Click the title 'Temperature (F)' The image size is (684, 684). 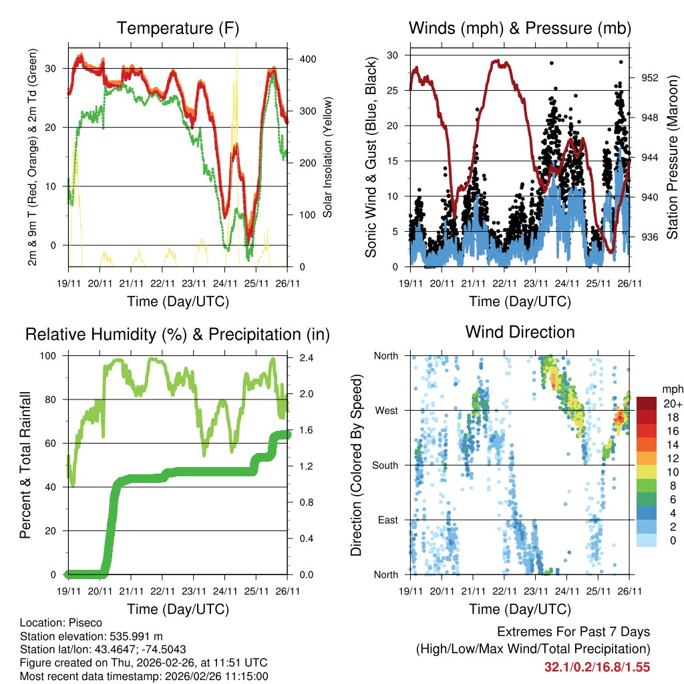coord(178,28)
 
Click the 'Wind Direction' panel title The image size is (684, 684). coord(520,332)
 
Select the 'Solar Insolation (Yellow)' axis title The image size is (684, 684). coord(327,157)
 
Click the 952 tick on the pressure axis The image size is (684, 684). coord(649,77)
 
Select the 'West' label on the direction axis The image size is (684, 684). coord(385,410)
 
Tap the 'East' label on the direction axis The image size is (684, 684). coord(387,520)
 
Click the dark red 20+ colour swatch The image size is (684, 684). coord(646,403)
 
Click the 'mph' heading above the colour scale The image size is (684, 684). coord(671,389)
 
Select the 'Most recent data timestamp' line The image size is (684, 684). coord(144,676)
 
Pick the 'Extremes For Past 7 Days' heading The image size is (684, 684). coord(573,632)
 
